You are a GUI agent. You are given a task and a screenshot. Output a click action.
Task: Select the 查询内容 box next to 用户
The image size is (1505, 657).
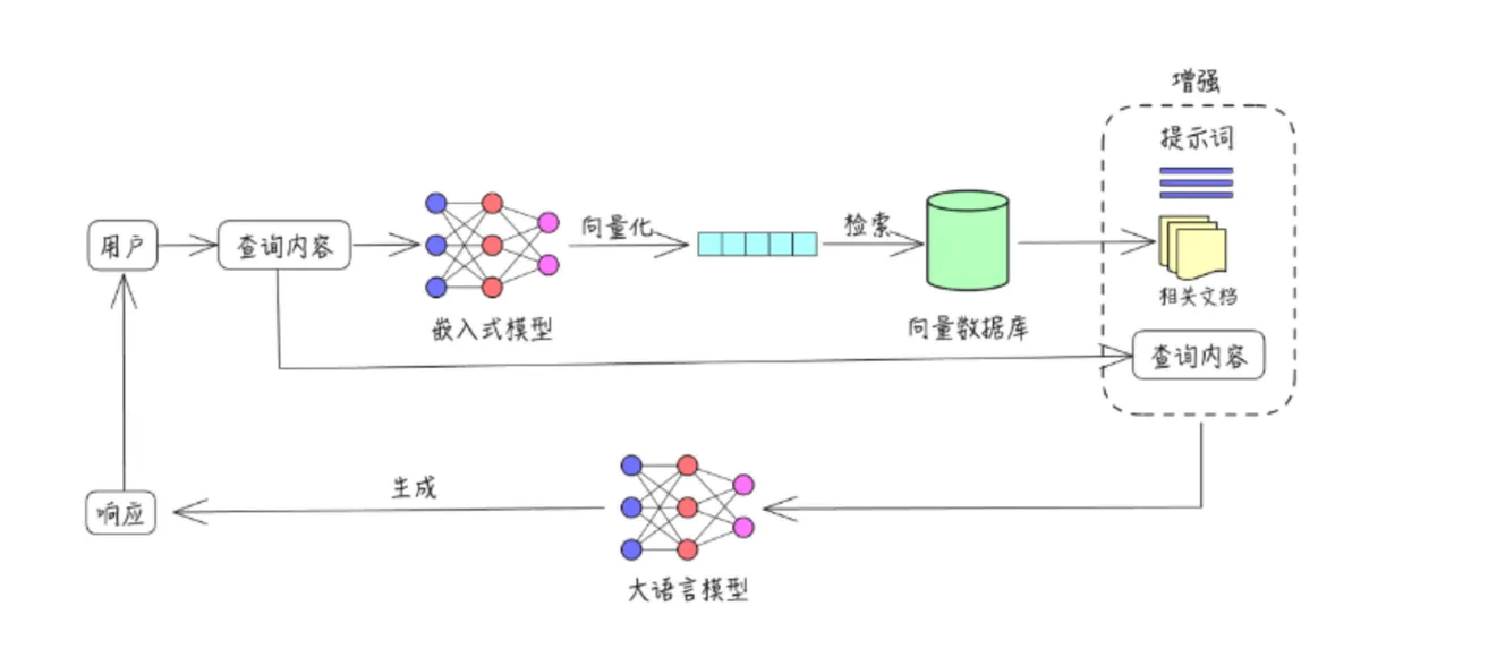click(x=284, y=245)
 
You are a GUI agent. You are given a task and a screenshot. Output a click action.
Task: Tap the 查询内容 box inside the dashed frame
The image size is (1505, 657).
click(x=1198, y=355)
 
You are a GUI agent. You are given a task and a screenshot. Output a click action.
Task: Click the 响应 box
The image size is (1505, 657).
click(x=120, y=513)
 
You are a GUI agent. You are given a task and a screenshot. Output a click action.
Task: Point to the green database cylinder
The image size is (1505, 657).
click(x=967, y=241)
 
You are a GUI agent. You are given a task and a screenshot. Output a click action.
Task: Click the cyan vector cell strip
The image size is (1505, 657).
click(x=757, y=244)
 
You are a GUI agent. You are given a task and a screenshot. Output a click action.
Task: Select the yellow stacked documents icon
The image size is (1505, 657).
click(x=1192, y=248)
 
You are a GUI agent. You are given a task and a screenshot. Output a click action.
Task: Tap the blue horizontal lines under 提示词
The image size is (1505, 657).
click(x=1196, y=183)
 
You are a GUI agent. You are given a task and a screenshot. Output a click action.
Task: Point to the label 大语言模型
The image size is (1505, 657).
click(x=688, y=590)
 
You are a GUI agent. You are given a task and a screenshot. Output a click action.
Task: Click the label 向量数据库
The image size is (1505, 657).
click(x=967, y=328)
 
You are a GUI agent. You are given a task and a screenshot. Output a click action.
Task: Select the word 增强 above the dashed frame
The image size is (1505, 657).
click(x=1196, y=81)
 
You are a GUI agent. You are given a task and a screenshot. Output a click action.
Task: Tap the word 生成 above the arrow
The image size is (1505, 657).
click(x=413, y=488)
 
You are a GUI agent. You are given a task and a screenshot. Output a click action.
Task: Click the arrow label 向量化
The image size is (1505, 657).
click(x=616, y=227)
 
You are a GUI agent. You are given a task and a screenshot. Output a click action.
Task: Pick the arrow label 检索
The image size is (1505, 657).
click(x=867, y=225)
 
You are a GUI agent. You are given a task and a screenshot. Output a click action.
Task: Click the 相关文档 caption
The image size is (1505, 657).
click(x=1198, y=297)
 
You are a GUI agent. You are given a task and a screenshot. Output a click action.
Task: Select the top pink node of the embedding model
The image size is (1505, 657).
click(x=548, y=222)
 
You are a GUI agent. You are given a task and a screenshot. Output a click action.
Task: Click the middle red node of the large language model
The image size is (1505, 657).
click(x=687, y=507)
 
